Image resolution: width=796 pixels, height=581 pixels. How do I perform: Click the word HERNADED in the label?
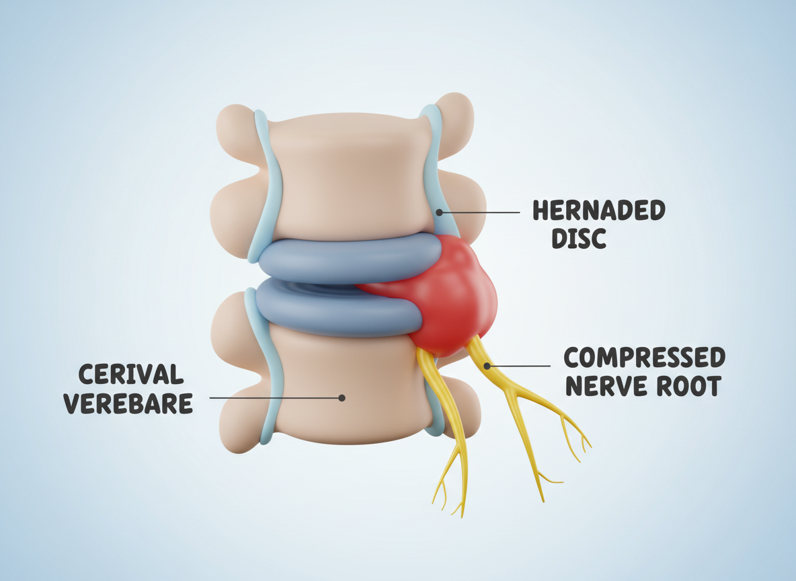pyautogui.click(x=598, y=210)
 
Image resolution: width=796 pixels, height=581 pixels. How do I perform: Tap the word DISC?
pyautogui.click(x=579, y=238)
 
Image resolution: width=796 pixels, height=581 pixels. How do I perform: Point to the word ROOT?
pyautogui.click(x=692, y=386)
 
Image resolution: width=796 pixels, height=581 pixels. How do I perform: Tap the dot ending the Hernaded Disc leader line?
pyautogui.click(x=439, y=212)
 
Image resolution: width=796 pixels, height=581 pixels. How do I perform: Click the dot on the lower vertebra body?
pyautogui.click(x=342, y=397)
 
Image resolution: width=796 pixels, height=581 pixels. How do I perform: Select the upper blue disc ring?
pyautogui.click(x=336, y=259)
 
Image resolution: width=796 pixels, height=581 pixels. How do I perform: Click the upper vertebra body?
pyautogui.click(x=346, y=175)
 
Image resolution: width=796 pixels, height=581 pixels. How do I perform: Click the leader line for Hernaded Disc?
pyautogui.click(x=481, y=212)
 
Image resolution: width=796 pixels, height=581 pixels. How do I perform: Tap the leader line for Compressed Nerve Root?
pyautogui.click(x=521, y=366)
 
